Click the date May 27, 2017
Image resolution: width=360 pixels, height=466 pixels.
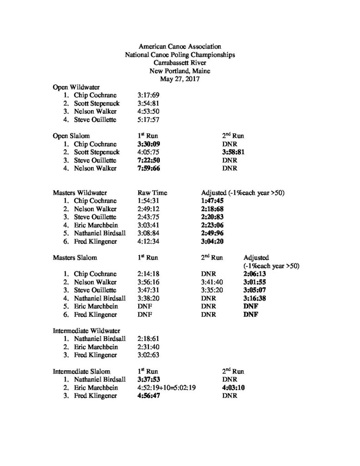coord(180,78)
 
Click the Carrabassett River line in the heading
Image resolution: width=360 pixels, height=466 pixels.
coord(180,62)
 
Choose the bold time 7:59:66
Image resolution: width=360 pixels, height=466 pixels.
coord(151,168)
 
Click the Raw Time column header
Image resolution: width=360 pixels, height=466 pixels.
coord(152,192)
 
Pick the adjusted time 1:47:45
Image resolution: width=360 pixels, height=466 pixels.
coord(215,201)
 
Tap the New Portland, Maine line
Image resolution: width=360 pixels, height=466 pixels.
coord(180,71)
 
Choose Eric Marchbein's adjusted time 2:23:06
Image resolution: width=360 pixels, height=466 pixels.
coord(215,225)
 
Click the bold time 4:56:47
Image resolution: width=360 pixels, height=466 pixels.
coord(151,395)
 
